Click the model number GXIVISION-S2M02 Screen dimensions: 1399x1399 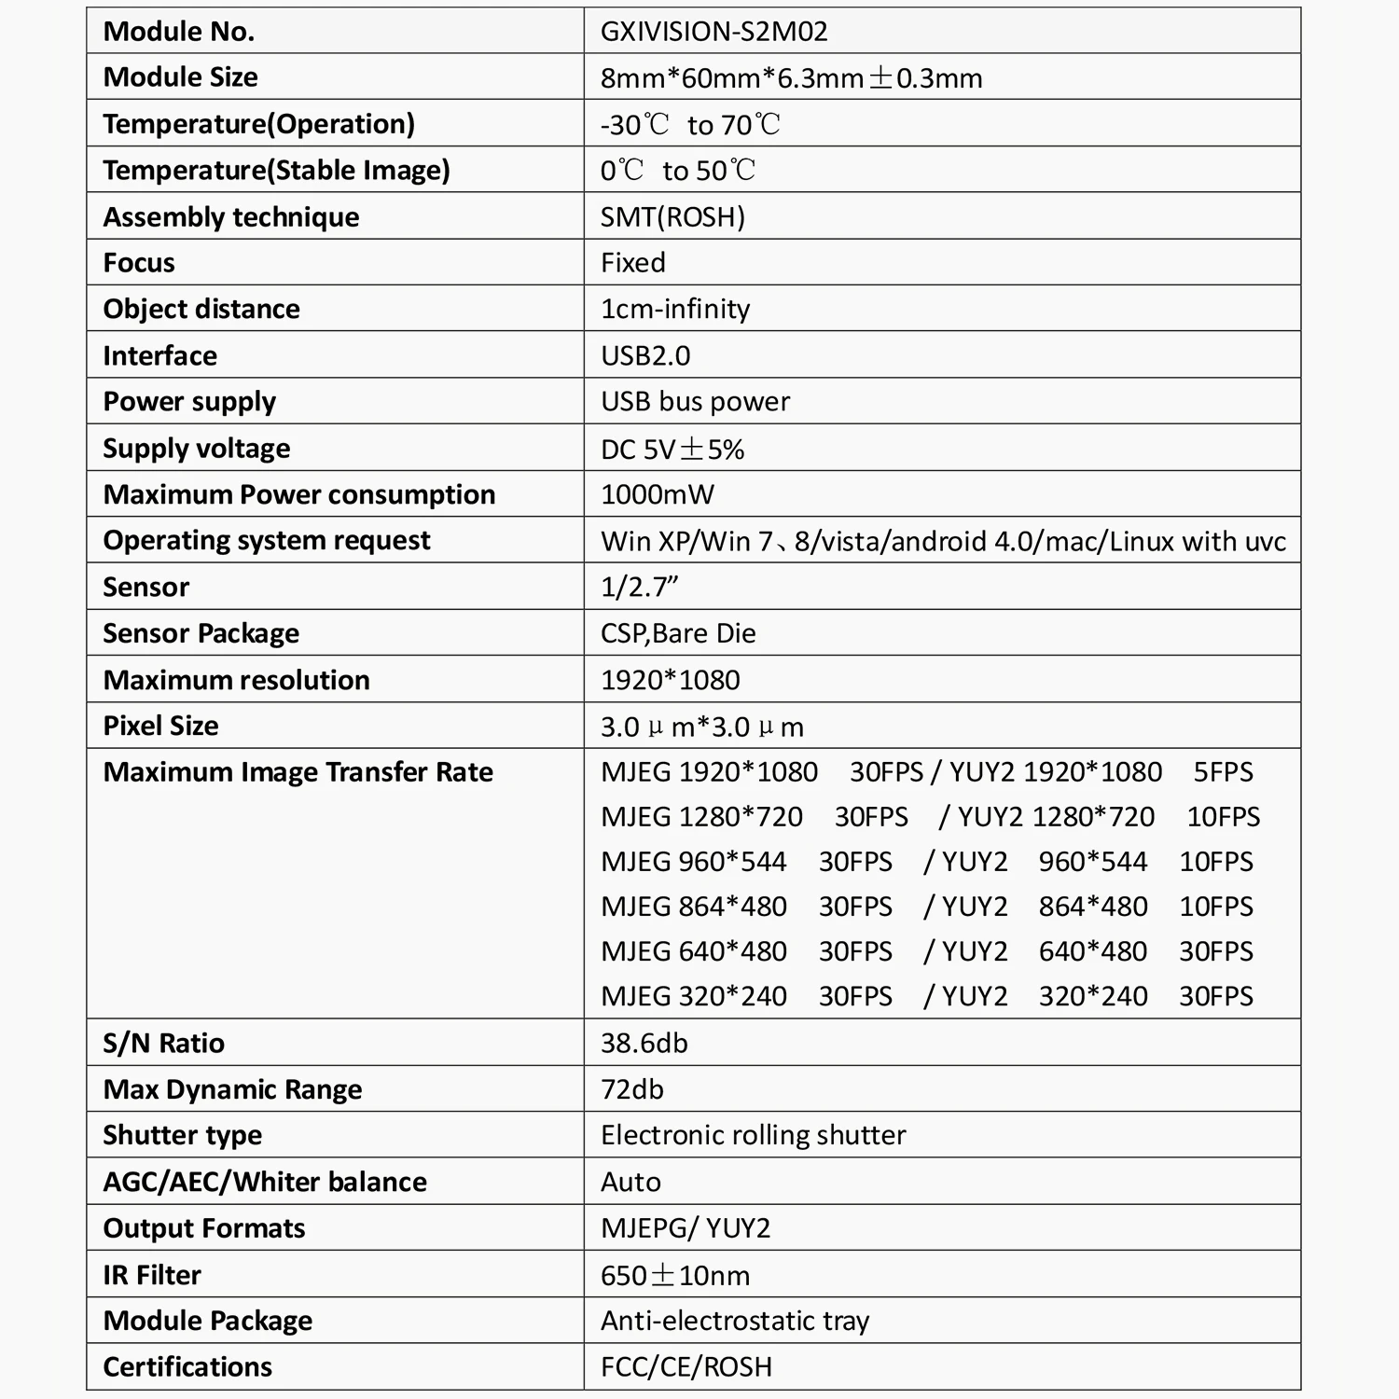pyautogui.click(x=713, y=32)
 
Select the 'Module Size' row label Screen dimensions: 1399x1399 pyautogui.click(x=180, y=77)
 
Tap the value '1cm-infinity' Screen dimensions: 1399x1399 pyautogui.click(x=675, y=309)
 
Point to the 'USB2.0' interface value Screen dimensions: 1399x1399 pyautogui.click(x=645, y=355)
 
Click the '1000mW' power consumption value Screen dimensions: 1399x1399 pyautogui.click(x=658, y=494)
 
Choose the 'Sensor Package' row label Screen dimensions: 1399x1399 pyautogui.click(x=201, y=633)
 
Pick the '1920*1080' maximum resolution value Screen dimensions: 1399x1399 pyautogui.click(x=671, y=680)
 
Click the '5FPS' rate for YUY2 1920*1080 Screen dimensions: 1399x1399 pyautogui.click(x=1223, y=772)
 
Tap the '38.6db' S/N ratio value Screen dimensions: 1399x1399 pyautogui.click(x=644, y=1043)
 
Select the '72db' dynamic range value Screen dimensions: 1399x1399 pyautogui.click(x=632, y=1089)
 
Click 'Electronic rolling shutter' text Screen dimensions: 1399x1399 pyautogui.click(x=753, y=1135)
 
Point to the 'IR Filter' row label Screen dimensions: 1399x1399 pyautogui.click(x=152, y=1275)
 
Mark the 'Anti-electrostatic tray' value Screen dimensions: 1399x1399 pyautogui.click(x=735, y=1321)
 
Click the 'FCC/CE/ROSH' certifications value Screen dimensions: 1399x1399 pyautogui.click(x=686, y=1367)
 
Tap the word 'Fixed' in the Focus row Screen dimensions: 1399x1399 pyautogui.click(x=633, y=263)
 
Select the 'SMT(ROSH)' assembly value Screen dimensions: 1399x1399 pyautogui.click(x=672, y=217)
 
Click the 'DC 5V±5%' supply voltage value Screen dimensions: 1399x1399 pyautogui.click(x=672, y=450)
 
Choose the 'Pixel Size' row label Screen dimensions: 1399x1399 pyautogui.click(x=160, y=726)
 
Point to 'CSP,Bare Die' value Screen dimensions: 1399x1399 pyautogui.click(x=678, y=633)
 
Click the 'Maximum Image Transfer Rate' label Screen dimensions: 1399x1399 pyautogui.click(x=298, y=772)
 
